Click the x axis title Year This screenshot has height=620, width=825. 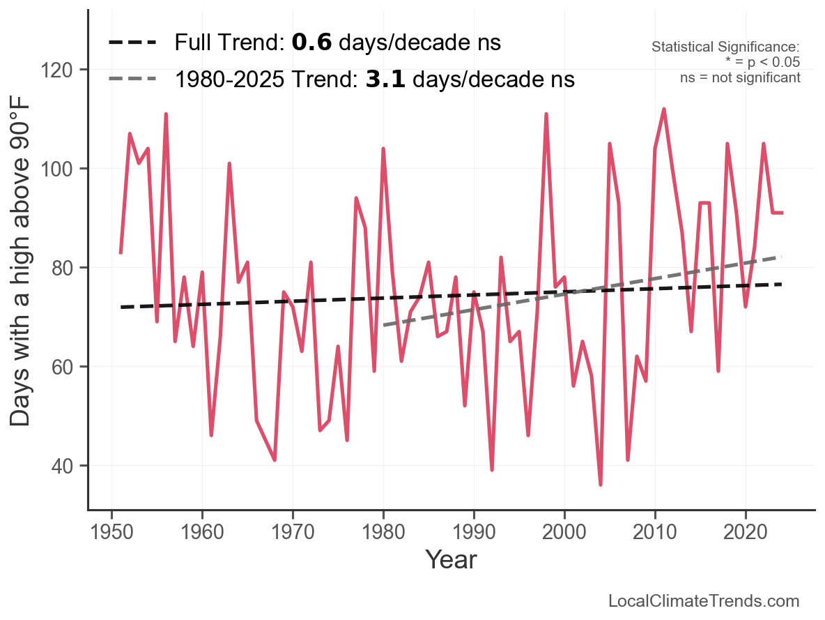[451, 559]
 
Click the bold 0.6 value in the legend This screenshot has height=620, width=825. [311, 43]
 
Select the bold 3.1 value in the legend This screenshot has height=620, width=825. [385, 80]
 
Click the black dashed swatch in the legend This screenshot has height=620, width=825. [132, 43]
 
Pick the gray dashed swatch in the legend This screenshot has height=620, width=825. [132, 80]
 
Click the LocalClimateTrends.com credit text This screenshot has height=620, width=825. [704, 601]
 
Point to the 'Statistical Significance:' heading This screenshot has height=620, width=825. [725, 47]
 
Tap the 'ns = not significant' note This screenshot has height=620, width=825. [740, 77]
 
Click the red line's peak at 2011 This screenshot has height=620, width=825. [664, 109]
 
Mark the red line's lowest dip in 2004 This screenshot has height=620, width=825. [601, 485]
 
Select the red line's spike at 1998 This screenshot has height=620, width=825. [546, 114]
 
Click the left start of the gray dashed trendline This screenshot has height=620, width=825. [384, 326]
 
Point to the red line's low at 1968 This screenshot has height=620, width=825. [275, 460]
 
